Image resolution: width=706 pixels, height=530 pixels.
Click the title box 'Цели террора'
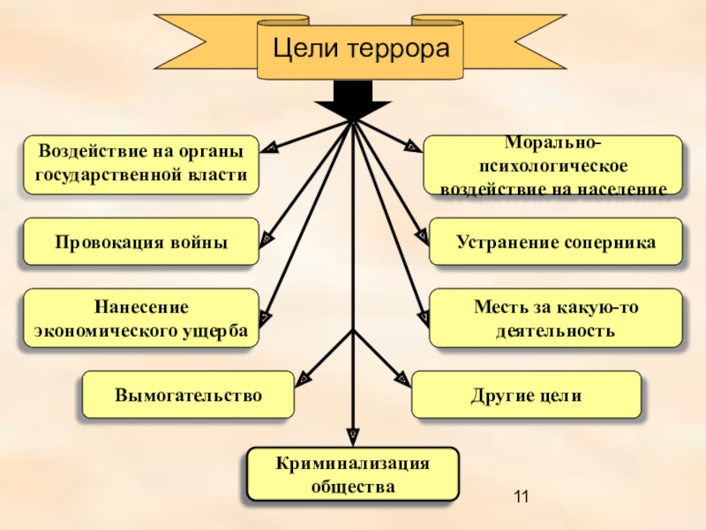359,49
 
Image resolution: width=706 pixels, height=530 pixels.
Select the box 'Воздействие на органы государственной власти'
141,164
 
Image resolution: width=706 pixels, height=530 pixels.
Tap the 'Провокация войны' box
141,242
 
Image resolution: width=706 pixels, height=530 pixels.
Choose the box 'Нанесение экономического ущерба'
141,318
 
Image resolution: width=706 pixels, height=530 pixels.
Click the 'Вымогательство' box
188,395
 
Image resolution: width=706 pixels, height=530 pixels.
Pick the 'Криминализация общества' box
353,474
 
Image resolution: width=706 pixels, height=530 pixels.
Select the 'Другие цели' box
527,395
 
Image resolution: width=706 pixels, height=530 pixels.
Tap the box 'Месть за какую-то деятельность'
556,318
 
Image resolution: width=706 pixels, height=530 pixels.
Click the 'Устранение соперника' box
556,242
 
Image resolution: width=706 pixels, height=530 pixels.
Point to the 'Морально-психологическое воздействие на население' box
553,164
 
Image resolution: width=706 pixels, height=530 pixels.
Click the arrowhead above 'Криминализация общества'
353,435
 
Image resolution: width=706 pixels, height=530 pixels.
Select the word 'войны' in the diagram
199,242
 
